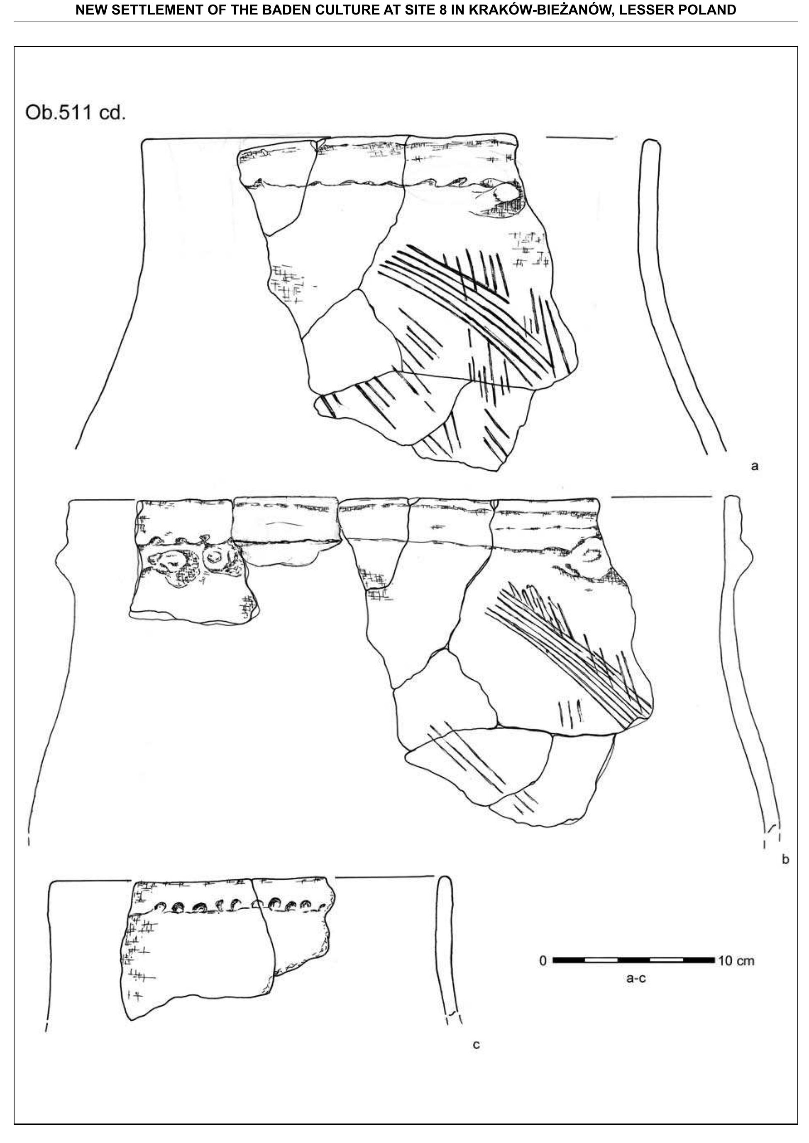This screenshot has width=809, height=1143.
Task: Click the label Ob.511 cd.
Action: point(75,112)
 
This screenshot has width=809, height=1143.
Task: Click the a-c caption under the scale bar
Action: point(636,979)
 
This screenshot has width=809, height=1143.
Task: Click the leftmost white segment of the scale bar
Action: point(601,960)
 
